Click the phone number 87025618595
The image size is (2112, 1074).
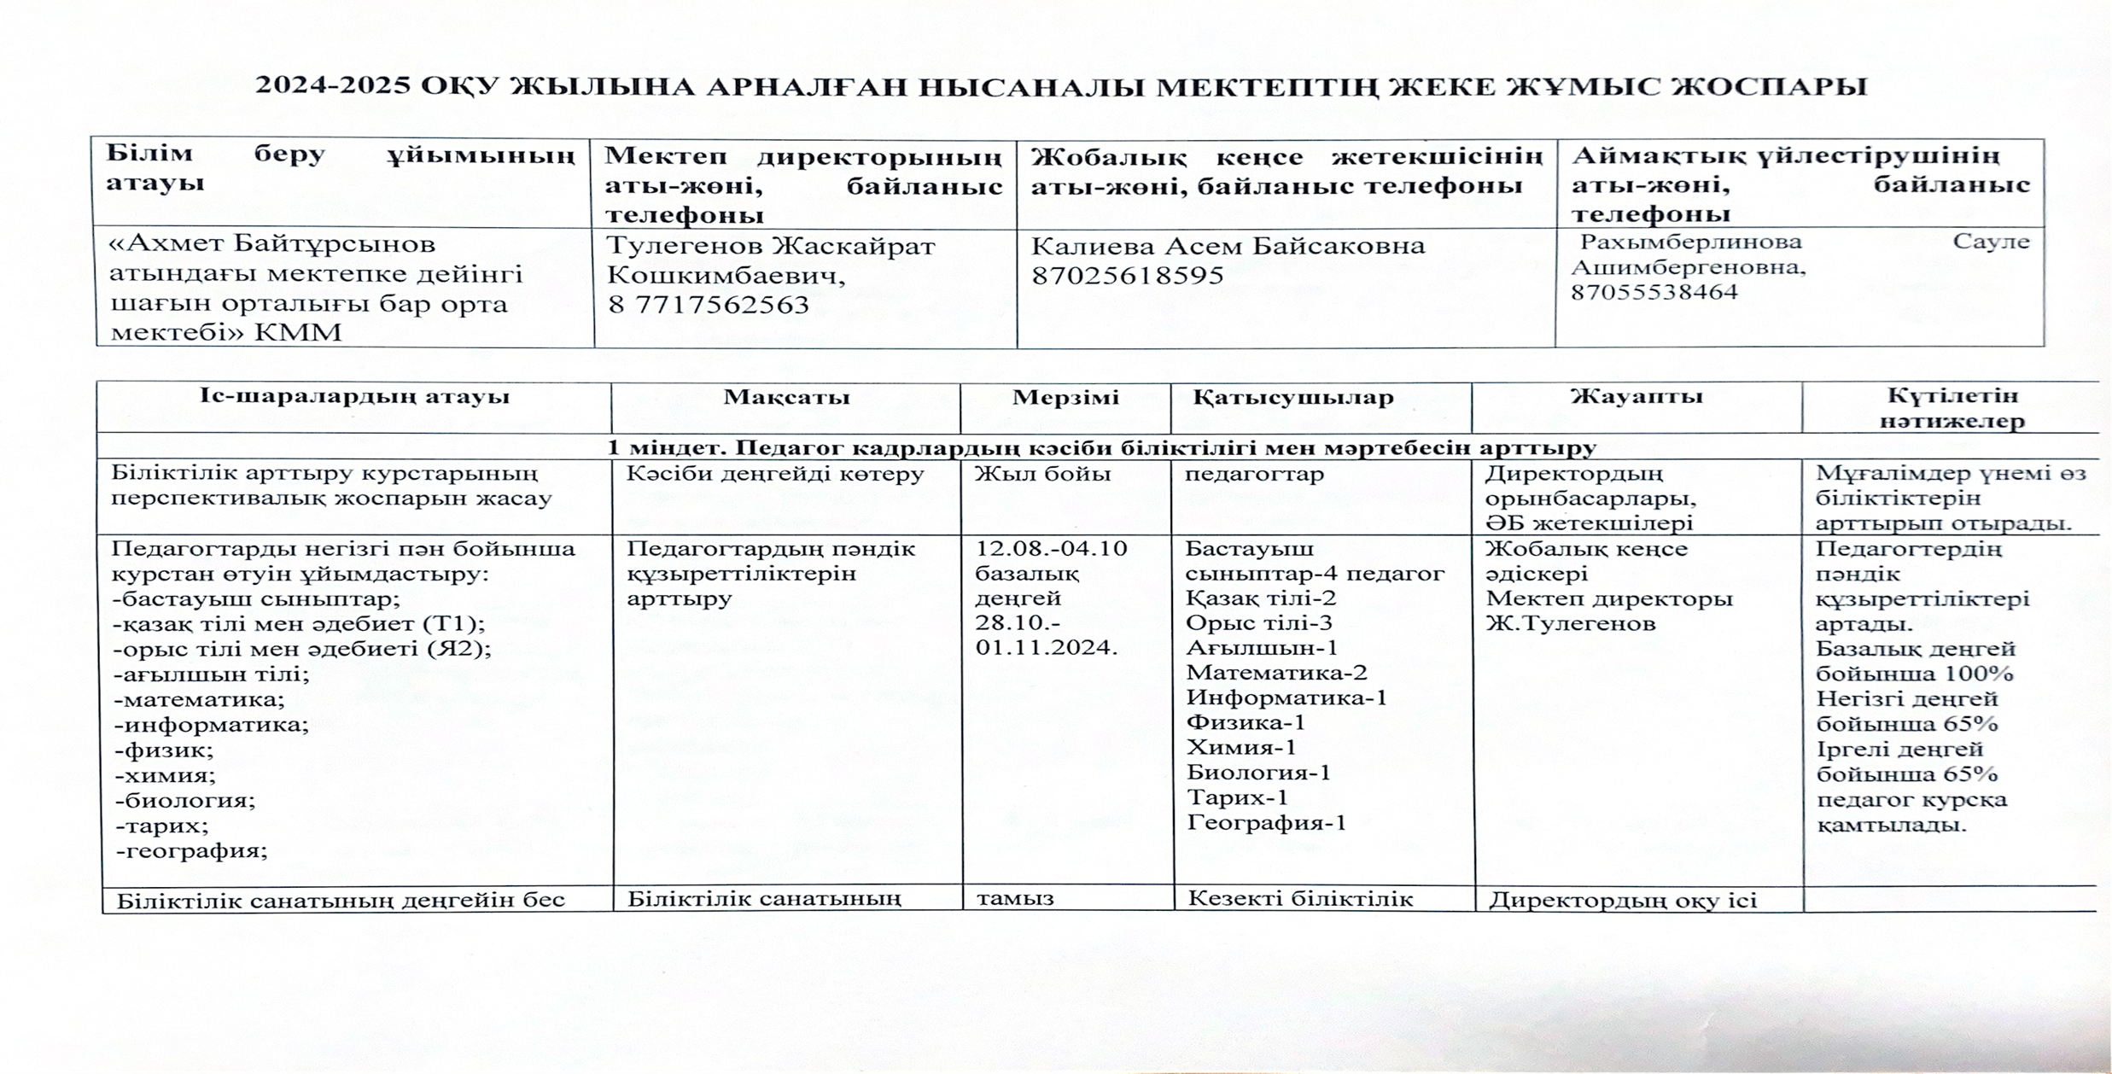[1127, 276]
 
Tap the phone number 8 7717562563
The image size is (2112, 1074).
[708, 305]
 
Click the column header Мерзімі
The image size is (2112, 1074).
[1065, 397]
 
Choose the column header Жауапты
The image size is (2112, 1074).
[1637, 396]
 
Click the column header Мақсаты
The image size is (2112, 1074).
[786, 397]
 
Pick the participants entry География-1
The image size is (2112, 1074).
[1266, 823]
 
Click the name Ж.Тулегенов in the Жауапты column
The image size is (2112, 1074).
[1570, 623]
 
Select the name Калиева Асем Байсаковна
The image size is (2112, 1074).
[1228, 246]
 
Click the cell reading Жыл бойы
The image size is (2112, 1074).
[1042, 474]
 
